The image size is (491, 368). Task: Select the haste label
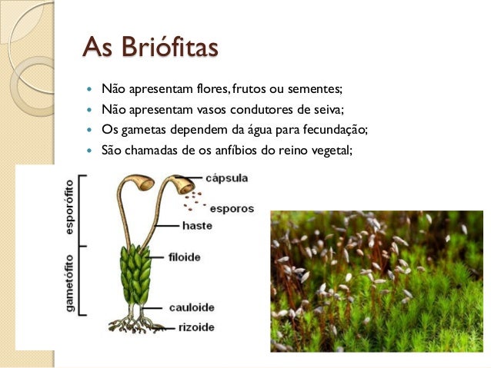click(198, 226)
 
